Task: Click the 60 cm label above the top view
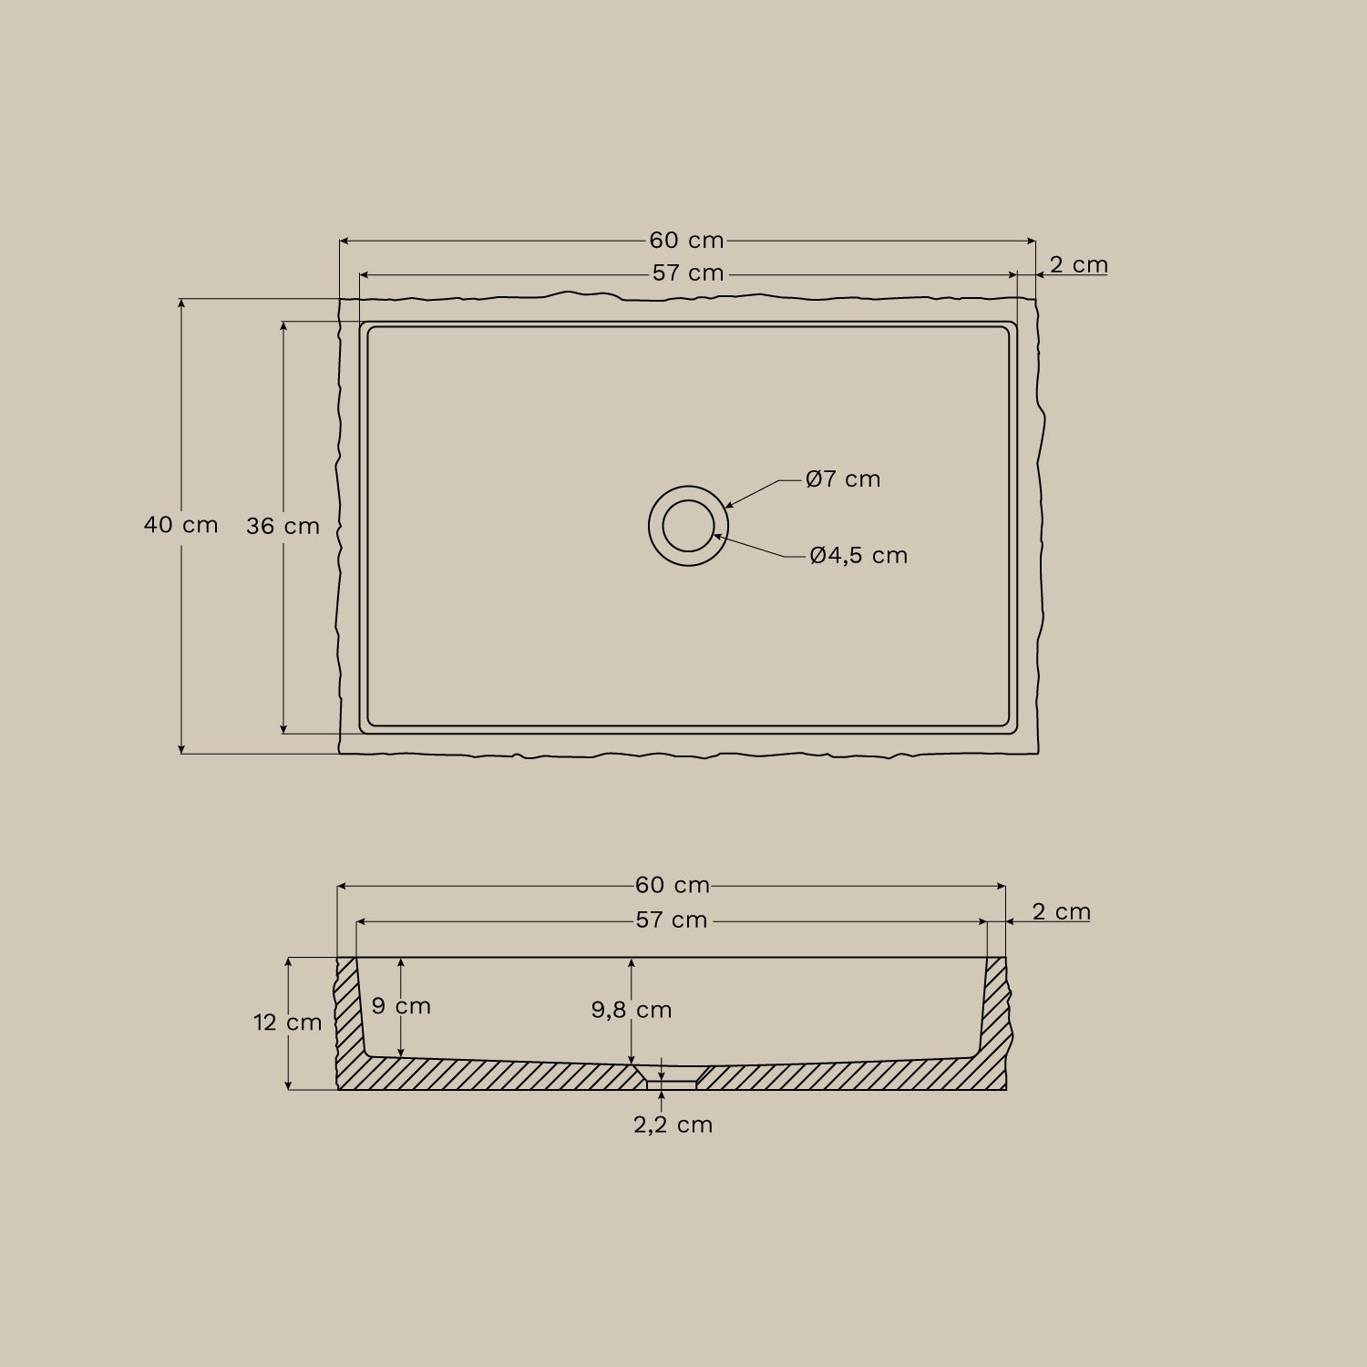[686, 241]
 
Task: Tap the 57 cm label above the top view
[688, 273]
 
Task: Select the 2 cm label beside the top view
[1079, 265]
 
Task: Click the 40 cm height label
[181, 525]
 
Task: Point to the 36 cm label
[283, 527]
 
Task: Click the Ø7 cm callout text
[843, 479]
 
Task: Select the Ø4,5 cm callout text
[858, 556]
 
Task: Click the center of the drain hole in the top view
[688, 526]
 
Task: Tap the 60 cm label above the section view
[673, 885]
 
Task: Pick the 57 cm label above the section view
[672, 920]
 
